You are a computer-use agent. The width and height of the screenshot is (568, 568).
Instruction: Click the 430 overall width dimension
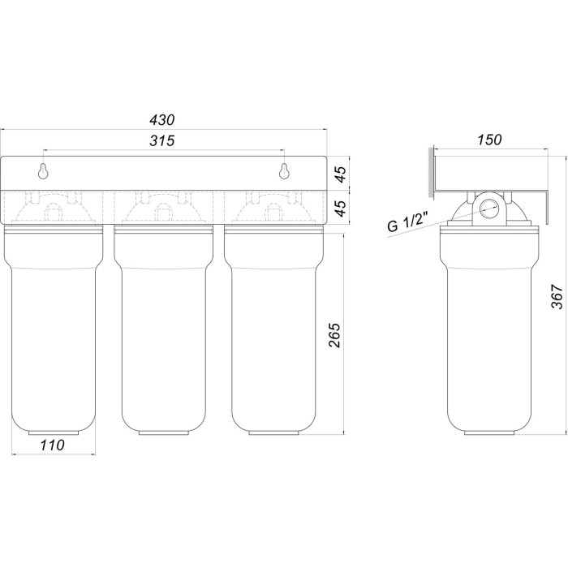pyautogui.click(x=162, y=120)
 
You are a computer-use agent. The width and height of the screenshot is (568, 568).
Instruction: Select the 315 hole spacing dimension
pyautogui.click(x=162, y=140)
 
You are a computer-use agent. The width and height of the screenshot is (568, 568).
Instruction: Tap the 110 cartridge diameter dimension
pyautogui.click(x=52, y=445)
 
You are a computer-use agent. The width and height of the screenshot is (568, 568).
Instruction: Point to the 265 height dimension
pyautogui.click(x=335, y=335)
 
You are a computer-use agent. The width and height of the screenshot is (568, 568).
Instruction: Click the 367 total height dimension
pyautogui.click(x=557, y=297)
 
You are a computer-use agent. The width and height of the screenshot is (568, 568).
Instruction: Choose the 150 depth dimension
pyautogui.click(x=489, y=140)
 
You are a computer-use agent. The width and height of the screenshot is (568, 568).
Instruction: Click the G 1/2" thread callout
pyautogui.click(x=408, y=222)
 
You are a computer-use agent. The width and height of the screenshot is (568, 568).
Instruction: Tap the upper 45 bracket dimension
pyautogui.click(x=340, y=174)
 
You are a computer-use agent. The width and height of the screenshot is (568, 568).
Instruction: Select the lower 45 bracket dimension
pyautogui.click(x=340, y=208)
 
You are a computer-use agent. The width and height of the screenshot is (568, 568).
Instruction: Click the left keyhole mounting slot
pyautogui.click(x=44, y=171)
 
